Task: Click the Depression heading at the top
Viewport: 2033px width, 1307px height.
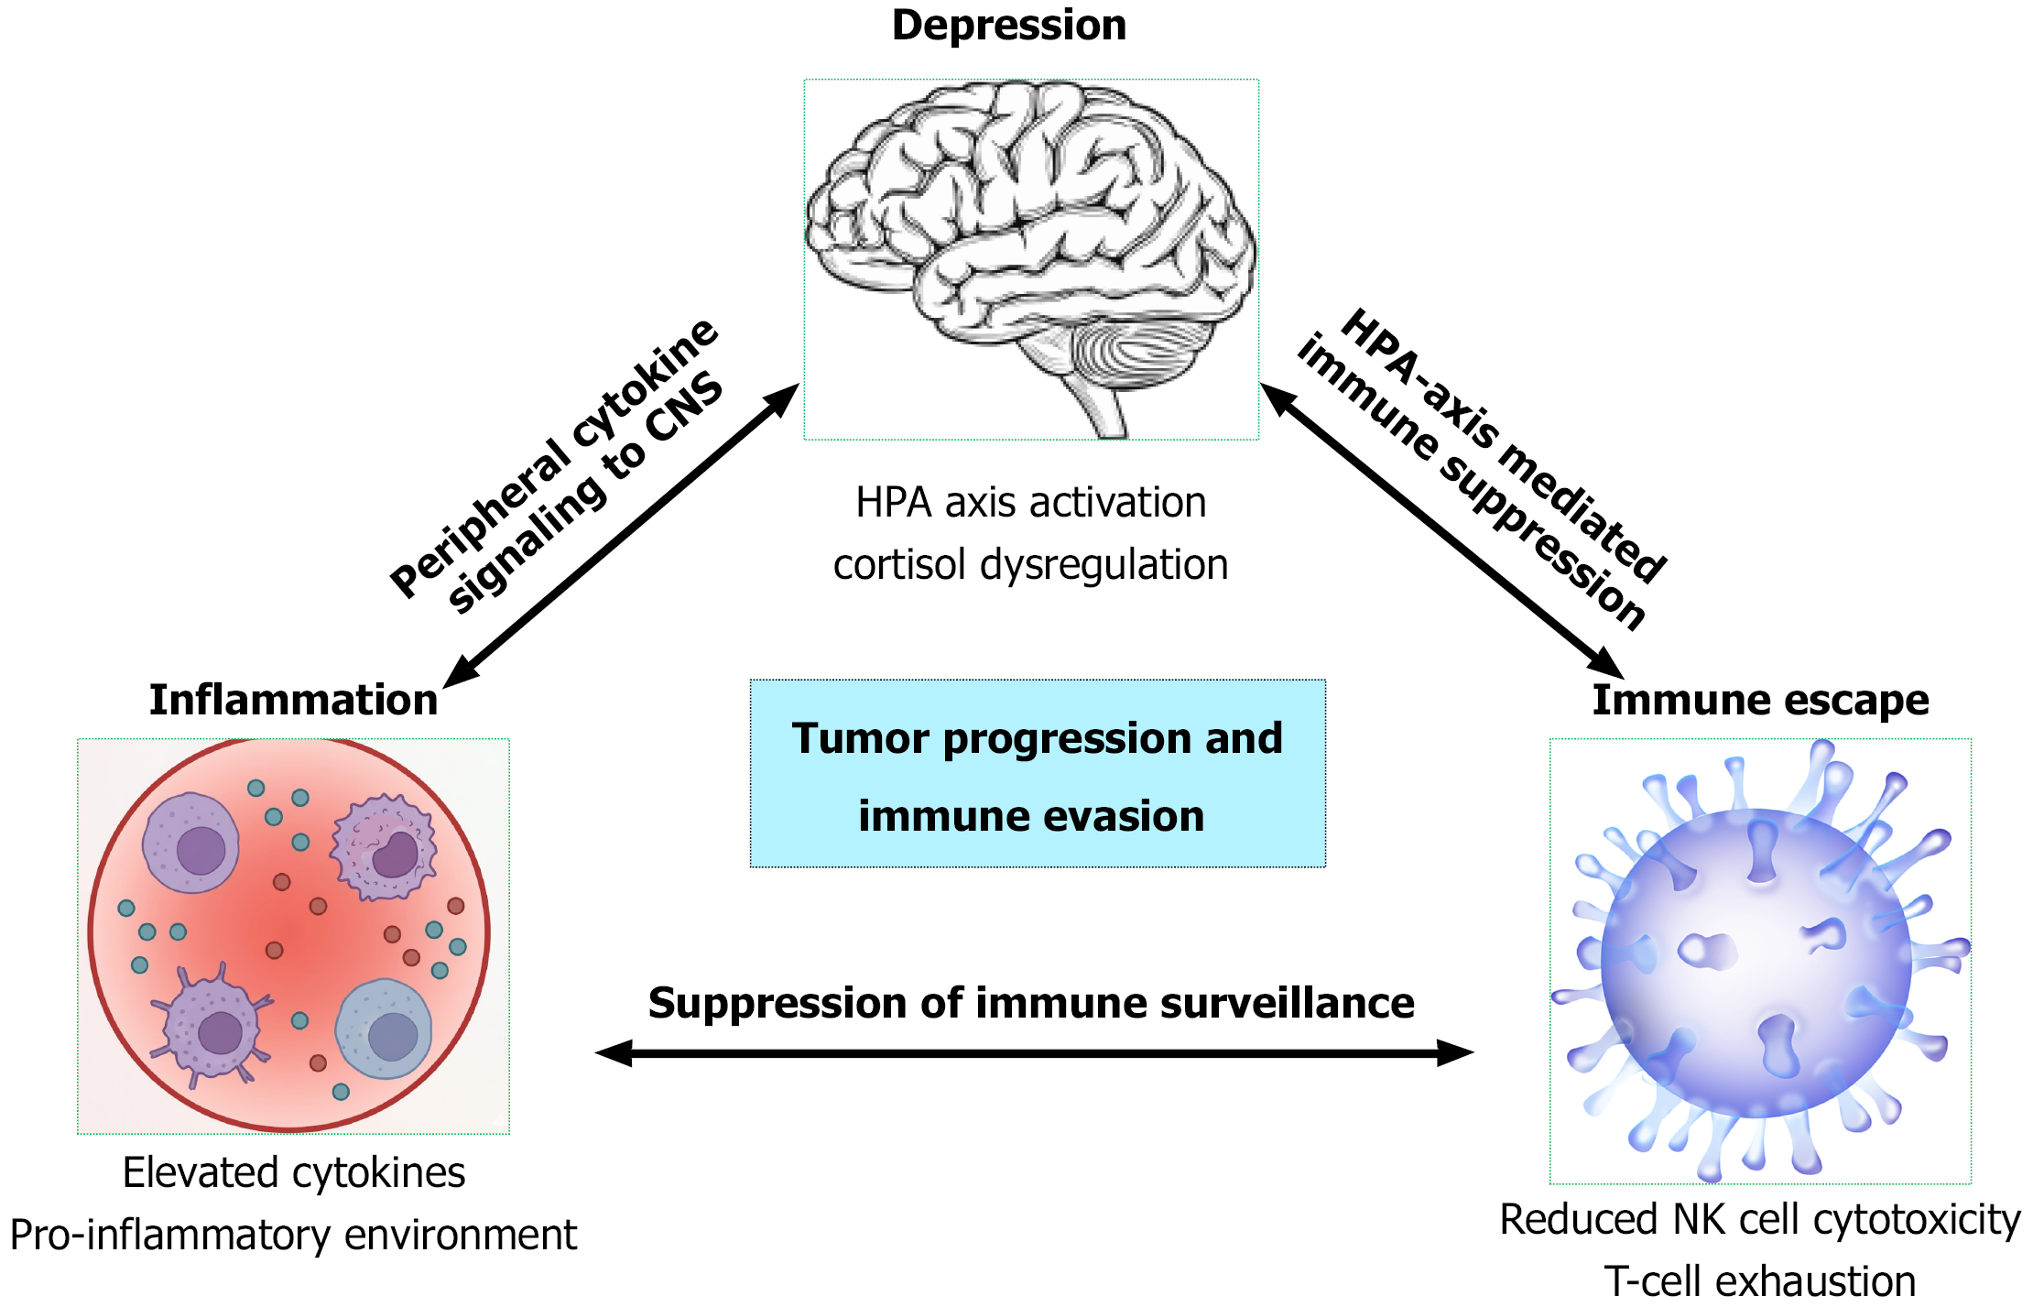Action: [1009, 26]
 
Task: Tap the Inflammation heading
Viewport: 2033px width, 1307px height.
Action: [293, 700]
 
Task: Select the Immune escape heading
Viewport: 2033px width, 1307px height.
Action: [1760, 701]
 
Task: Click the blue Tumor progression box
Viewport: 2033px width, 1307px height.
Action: [1038, 773]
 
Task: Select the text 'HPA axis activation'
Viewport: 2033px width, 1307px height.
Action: [1031, 503]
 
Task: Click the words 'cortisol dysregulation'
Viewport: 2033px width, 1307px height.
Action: [1030, 565]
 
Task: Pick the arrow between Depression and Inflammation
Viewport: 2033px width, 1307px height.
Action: [621, 536]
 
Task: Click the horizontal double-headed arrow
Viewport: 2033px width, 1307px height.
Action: [1035, 1053]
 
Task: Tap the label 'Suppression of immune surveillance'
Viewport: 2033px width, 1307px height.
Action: [1031, 1003]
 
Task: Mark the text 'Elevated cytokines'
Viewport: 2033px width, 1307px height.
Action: [294, 1173]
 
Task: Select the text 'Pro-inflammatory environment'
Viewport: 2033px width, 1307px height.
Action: [293, 1236]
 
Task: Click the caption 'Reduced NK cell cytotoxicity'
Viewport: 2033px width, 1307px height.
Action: [1760, 1220]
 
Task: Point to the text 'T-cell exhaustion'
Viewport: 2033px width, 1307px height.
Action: [1760, 1281]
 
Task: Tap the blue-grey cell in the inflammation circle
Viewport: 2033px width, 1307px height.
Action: [384, 1029]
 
